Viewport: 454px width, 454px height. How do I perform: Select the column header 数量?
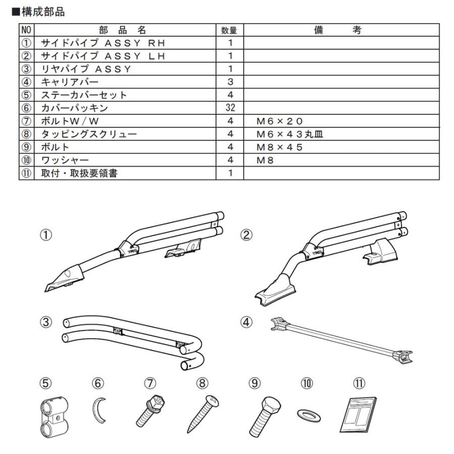click(229, 31)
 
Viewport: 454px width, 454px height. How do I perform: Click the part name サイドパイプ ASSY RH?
click(103, 44)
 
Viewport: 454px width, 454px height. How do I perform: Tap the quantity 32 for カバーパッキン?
click(230, 108)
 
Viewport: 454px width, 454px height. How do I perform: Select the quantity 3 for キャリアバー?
click(230, 82)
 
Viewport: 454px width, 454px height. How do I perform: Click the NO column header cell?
click(26, 31)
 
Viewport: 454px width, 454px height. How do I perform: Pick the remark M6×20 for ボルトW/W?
click(279, 121)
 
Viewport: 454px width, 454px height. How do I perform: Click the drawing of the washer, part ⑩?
click(307, 413)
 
